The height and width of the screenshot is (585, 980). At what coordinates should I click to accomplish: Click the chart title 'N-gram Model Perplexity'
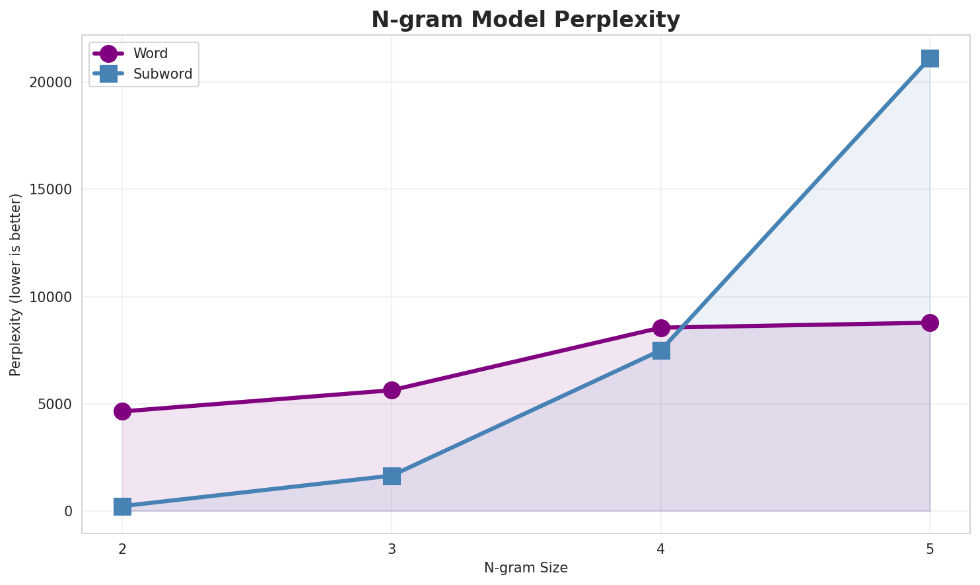pyautogui.click(x=525, y=20)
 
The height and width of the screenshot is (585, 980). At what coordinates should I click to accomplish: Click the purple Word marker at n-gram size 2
pyautogui.click(x=122, y=411)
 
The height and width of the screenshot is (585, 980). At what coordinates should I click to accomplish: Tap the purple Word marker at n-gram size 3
pyautogui.click(x=392, y=390)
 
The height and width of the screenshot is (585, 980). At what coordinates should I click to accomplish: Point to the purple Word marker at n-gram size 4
pyautogui.click(x=661, y=328)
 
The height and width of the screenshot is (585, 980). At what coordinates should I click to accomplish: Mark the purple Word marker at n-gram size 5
pyautogui.click(x=930, y=323)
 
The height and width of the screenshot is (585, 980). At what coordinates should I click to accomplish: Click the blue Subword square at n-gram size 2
pyautogui.click(x=122, y=507)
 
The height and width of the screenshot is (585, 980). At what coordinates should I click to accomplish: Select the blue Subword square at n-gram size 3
pyautogui.click(x=392, y=476)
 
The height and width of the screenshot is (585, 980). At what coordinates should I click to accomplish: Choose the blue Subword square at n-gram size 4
pyautogui.click(x=661, y=350)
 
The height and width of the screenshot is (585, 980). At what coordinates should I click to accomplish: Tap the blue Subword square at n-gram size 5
pyautogui.click(x=930, y=58)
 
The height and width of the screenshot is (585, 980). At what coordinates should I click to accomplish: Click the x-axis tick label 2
pyautogui.click(x=122, y=549)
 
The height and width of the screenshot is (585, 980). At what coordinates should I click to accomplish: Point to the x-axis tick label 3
pyautogui.click(x=392, y=549)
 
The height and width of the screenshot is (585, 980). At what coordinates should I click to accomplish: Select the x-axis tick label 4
pyautogui.click(x=661, y=549)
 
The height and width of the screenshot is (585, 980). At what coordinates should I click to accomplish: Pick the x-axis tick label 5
pyautogui.click(x=930, y=549)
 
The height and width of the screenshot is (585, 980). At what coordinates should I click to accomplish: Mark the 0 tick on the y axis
pyautogui.click(x=69, y=511)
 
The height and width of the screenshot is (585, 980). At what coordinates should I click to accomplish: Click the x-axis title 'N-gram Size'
pyautogui.click(x=526, y=568)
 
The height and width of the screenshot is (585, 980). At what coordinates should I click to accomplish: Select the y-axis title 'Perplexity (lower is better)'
pyautogui.click(x=16, y=284)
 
